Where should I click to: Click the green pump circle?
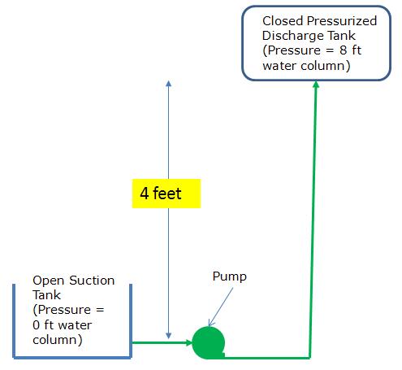click(208, 343)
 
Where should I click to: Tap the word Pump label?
click(229, 276)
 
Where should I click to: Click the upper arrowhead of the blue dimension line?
click(168, 85)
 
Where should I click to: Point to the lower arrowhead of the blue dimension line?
click(168, 334)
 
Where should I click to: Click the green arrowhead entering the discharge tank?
click(315, 85)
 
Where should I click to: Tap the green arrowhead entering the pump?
click(185, 342)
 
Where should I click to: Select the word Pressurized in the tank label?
click(339, 20)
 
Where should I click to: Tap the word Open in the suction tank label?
click(47, 281)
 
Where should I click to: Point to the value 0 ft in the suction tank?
click(41, 325)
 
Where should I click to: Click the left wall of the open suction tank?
click(15, 320)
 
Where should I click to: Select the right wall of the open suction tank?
click(131, 320)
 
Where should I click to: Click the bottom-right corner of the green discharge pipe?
click(310, 355)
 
